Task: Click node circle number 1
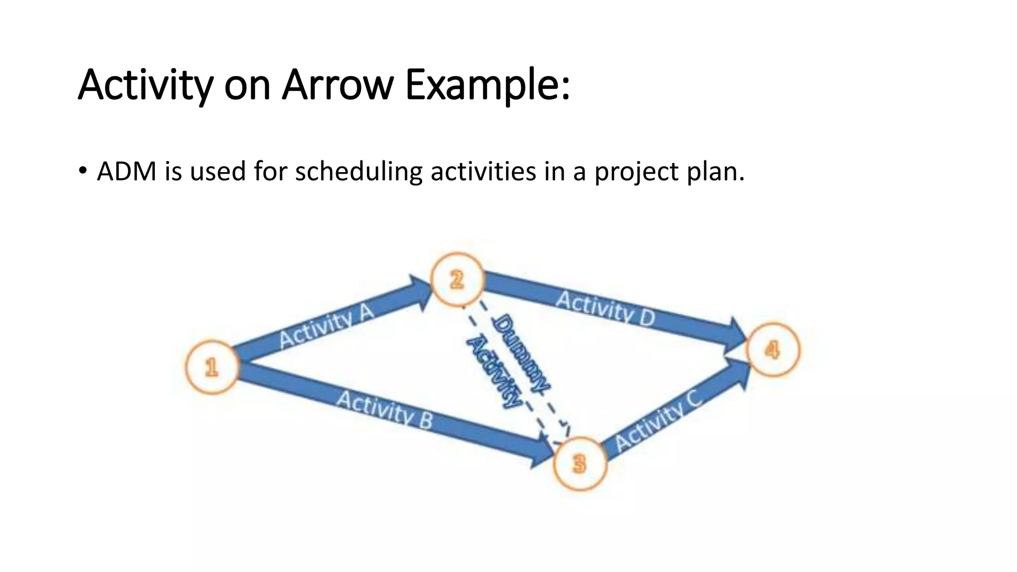pos(212,367)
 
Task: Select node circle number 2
pos(456,280)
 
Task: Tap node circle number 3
pos(580,463)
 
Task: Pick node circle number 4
pos(773,350)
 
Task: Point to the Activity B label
pos(385,410)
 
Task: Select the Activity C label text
pos(658,420)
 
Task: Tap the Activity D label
pos(605,309)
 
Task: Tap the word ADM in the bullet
pos(127,172)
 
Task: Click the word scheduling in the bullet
pos(359,172)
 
